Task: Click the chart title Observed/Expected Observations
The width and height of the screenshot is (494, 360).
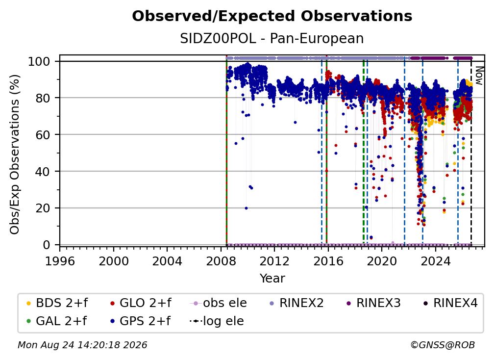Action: click(272, 16)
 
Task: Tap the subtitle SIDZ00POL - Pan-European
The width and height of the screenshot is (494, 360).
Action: click(272, 38)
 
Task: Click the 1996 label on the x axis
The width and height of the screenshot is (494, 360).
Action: click(60, 261)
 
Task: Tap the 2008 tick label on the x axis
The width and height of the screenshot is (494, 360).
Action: click(221, 261)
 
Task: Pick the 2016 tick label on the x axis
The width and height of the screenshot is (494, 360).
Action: click(328, 261)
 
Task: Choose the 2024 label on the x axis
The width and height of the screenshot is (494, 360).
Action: click(435, 261)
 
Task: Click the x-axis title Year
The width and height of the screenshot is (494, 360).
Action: click(272, 279)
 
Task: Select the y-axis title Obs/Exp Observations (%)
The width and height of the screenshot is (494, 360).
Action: click(15, 154)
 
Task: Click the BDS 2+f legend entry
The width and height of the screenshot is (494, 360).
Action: click(57, 303)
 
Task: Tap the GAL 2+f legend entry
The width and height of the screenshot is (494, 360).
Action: click(56, 321)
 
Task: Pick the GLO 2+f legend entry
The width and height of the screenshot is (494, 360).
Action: click(141, 303)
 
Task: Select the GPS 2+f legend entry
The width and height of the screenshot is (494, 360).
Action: click(140, 321)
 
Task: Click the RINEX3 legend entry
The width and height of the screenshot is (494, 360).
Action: click(373, 303)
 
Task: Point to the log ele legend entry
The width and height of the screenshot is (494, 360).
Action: click(217, 321)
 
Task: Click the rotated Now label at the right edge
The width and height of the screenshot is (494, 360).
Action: click(479, 76)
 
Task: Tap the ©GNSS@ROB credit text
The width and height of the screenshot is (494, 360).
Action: click(443, 345)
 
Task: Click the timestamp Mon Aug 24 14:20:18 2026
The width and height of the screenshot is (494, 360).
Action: click(82, 345)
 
